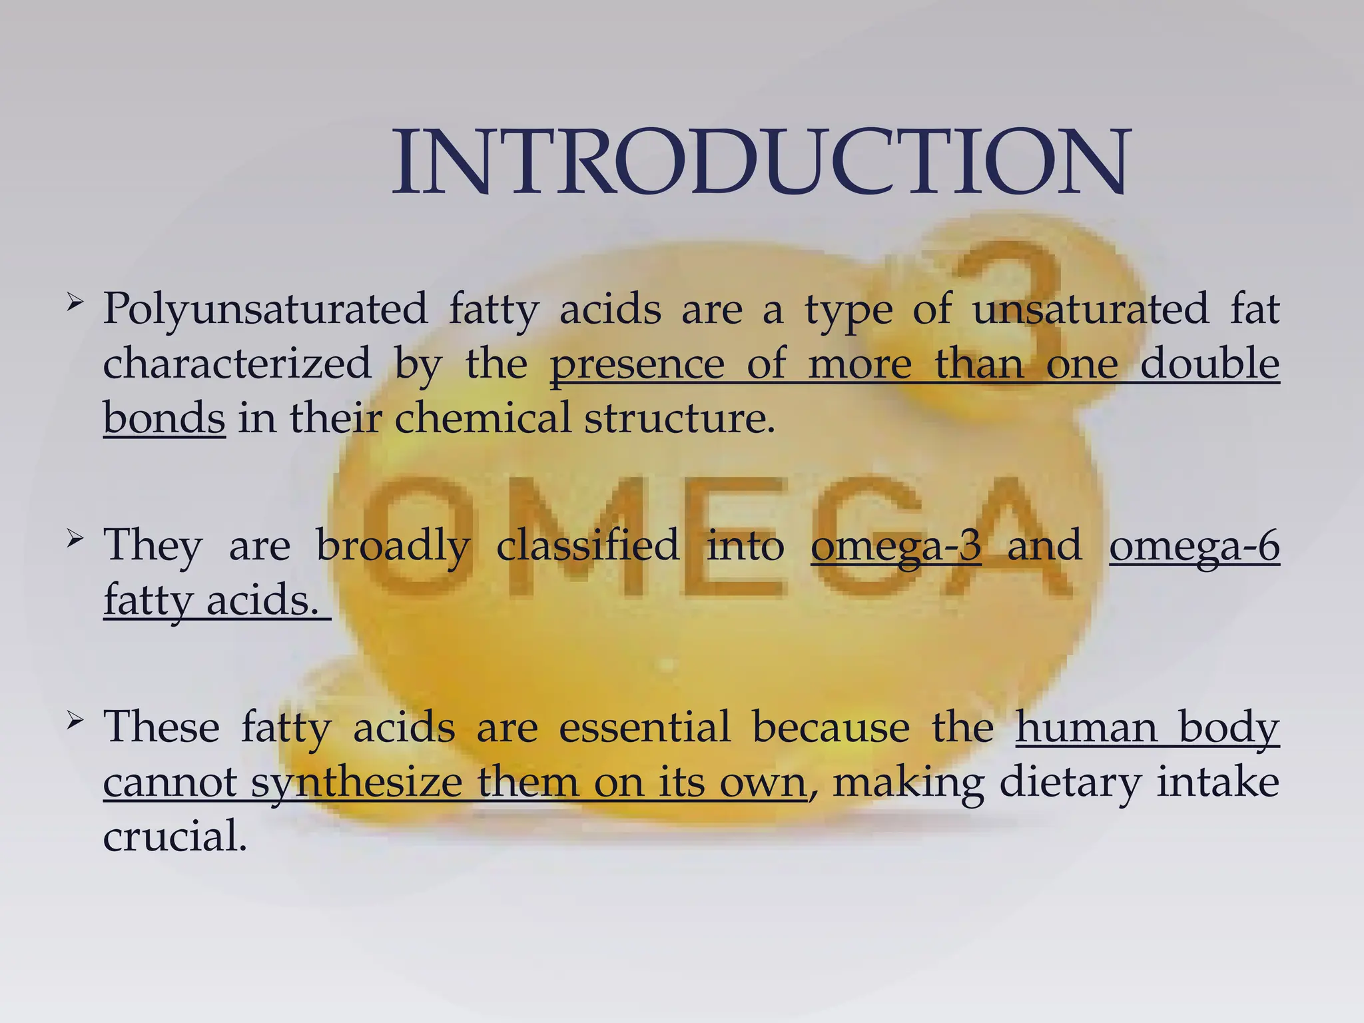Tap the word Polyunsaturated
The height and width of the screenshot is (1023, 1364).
265,310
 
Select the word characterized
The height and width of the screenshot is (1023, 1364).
237,364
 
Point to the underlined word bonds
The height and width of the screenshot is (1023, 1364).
164,419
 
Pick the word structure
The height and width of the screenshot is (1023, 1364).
679,419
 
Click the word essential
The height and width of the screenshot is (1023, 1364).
645,727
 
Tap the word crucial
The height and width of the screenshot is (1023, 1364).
174,837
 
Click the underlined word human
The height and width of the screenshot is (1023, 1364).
1086,727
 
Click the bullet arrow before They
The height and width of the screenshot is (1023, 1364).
75,537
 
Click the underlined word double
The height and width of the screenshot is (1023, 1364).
1209,364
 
